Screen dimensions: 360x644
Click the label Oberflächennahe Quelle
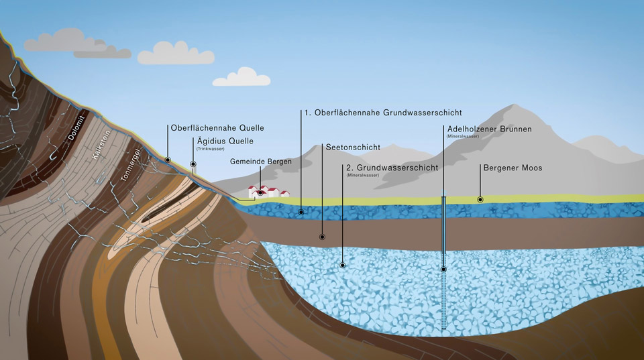(x=217, y=127)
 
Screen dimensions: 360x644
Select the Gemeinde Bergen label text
(x=260, y=162)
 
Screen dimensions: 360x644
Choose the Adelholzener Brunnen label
(x=489, y=129)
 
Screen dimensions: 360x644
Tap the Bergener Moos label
(x=513, y=167)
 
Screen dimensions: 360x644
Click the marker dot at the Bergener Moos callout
(x=480, y=200)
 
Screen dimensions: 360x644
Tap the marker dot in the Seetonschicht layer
(x=322, y=237)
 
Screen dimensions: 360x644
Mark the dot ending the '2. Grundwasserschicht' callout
(x=343, y=265)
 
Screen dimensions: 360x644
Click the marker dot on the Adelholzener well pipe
(x=443, y=269)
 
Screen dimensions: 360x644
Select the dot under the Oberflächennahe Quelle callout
(x=167, y=160)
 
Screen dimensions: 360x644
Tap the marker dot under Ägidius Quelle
(x=193, y=164)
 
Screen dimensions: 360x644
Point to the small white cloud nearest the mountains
(x=241, y=78)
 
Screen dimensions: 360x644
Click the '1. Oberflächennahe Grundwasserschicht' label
(x=382, y=113)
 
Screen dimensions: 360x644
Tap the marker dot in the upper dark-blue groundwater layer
(x=301, y=212)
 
